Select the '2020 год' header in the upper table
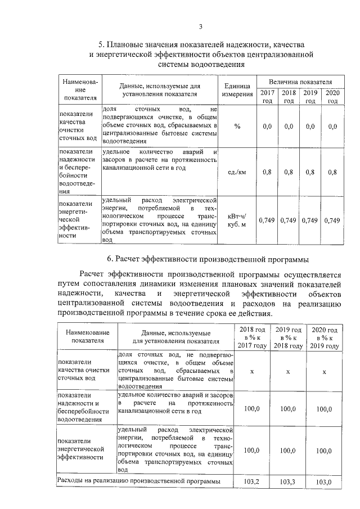332,97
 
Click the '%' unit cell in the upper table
237,127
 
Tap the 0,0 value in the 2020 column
332,127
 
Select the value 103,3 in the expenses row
287,482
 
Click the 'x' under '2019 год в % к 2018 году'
287,372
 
